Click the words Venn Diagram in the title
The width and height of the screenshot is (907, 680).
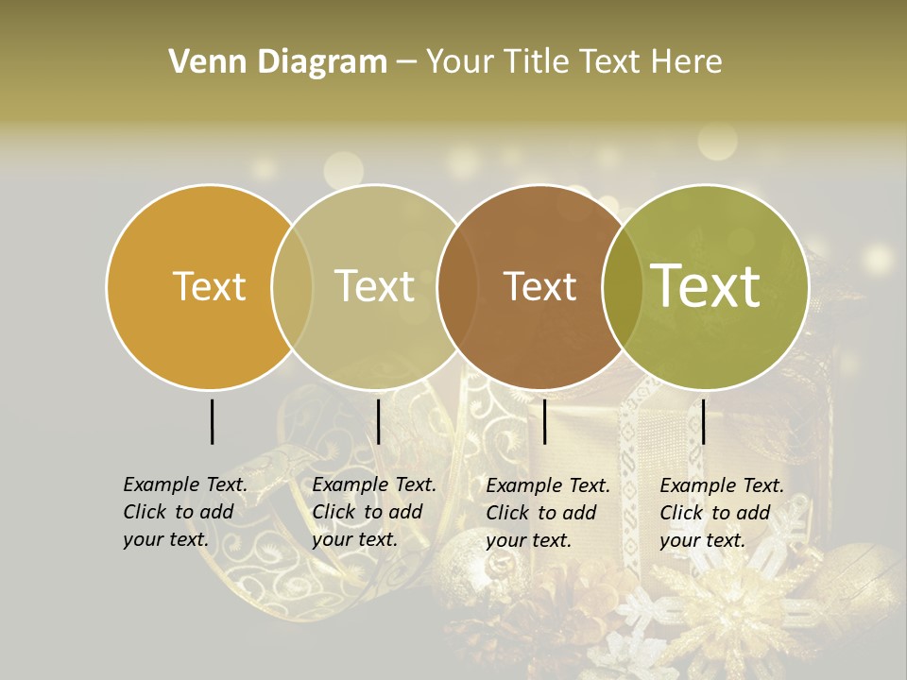point(278,62)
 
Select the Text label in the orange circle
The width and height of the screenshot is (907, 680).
point(210,286)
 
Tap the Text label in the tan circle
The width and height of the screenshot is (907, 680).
point(375,286)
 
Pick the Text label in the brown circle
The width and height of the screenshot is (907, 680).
point(540,286)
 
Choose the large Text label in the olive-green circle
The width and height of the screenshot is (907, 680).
point(706,286)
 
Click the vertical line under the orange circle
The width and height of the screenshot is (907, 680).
point(212,421)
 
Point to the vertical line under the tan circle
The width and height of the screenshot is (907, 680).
point(378,421)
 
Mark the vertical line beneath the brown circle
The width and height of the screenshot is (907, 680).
point(544,421)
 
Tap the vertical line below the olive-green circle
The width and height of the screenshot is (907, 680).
point(703,421)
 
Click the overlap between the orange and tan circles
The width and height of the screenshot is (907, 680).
point(292,286)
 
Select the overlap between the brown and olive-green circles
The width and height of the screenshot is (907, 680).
point(623,286)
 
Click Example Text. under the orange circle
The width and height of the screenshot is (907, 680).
point(185,484)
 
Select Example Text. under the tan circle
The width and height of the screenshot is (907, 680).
point(374,484)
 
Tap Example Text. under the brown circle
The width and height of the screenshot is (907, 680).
point(548,485)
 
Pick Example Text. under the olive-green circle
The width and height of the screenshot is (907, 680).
point(722,485)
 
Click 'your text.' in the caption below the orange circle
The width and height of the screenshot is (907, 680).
point(165,539)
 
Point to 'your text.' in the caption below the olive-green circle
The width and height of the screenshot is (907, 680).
point(702,540)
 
